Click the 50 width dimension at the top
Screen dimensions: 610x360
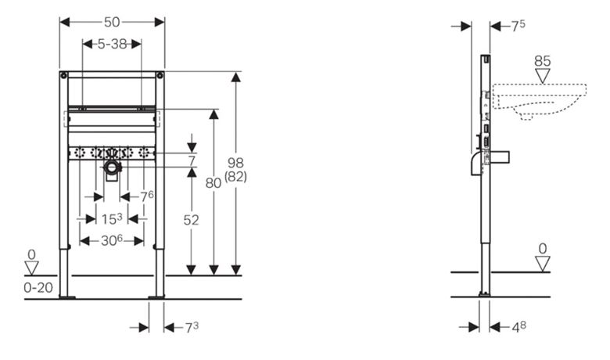coord(112,22)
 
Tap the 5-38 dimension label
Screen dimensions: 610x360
coord(112,44)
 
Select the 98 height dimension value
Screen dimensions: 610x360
coord(235,163)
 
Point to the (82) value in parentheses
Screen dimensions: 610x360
coord(235,177)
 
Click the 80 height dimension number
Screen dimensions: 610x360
coord(213,182)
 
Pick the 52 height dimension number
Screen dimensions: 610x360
coord(191,220)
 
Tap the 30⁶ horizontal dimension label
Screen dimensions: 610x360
coord(112,240)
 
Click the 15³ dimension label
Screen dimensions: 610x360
coord(112,218)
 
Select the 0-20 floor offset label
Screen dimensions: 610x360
coord(38,288)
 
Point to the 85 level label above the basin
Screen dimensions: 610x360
coord(542,61)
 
